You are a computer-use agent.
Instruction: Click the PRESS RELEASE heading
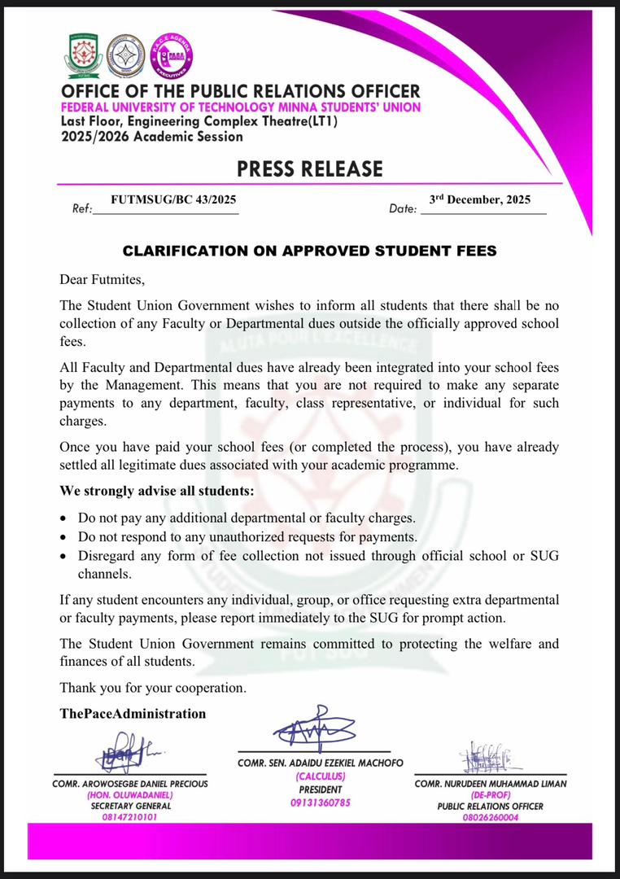(309, 168)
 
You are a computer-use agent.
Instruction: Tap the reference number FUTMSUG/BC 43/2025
(174, 199)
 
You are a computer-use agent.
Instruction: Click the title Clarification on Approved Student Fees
(309, 251)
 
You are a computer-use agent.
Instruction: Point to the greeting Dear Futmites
(103, 280)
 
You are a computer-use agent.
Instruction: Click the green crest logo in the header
(82, 55)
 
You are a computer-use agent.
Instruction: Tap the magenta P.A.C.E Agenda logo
(172, 55)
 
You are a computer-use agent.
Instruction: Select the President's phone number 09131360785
(320, 802)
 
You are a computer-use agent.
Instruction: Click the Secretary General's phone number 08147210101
(130, 816)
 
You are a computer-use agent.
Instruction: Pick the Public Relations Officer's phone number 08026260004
(490, 817)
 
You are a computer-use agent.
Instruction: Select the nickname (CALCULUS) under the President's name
(320, 776)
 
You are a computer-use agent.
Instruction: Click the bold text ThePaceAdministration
(133, 714)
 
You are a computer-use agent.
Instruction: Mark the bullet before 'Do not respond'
(65, 538)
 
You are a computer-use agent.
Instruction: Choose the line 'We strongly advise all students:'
(157, 492)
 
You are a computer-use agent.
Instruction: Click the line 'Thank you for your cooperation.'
(153, 688)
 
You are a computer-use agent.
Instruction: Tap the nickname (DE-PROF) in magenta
(490, 794)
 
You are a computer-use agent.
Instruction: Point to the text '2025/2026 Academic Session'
(152, 136)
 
